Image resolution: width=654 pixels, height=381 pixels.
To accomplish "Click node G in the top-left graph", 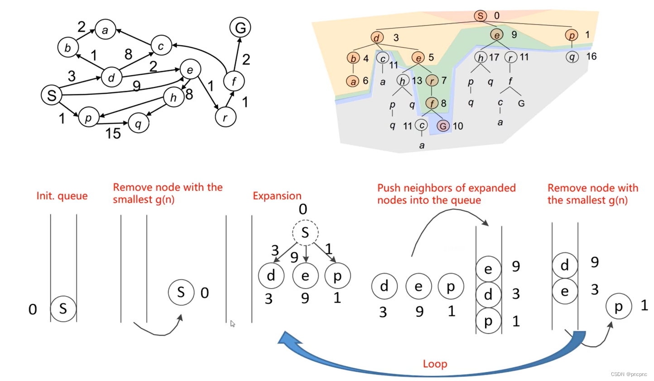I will coord(240,28).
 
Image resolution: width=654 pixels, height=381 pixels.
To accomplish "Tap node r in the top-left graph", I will coord(226,117).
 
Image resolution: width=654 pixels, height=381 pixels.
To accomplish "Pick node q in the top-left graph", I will coord(139,123).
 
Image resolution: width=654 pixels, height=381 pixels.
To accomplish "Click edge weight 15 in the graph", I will coord(113,133).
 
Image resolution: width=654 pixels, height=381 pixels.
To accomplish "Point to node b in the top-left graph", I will coord(68,47).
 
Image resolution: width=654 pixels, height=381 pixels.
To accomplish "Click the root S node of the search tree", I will coord(480,16).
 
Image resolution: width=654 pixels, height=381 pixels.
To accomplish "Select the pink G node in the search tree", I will coord(443,126).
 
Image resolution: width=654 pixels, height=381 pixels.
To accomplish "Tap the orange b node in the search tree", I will coord(353,58).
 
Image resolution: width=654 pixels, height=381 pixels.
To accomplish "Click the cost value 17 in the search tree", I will coord(494,58).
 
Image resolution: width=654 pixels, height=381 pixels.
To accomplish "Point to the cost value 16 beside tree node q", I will coord(591,57).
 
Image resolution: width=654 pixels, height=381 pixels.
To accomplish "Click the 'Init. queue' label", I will coord(62,196).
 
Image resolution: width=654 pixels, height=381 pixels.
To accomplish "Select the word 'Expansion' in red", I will coord(277,196).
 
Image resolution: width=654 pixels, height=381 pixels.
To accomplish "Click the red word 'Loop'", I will coord(435,364).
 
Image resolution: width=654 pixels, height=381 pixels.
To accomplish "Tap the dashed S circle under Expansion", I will coord(305,233).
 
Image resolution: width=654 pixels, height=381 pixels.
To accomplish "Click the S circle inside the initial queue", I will coord(63,309).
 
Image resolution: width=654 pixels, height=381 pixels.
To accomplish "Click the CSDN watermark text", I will coord(629,374).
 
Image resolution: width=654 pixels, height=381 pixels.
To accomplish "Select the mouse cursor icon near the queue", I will coord(232,323).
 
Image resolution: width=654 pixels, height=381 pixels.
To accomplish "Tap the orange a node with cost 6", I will coord(352,81).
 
